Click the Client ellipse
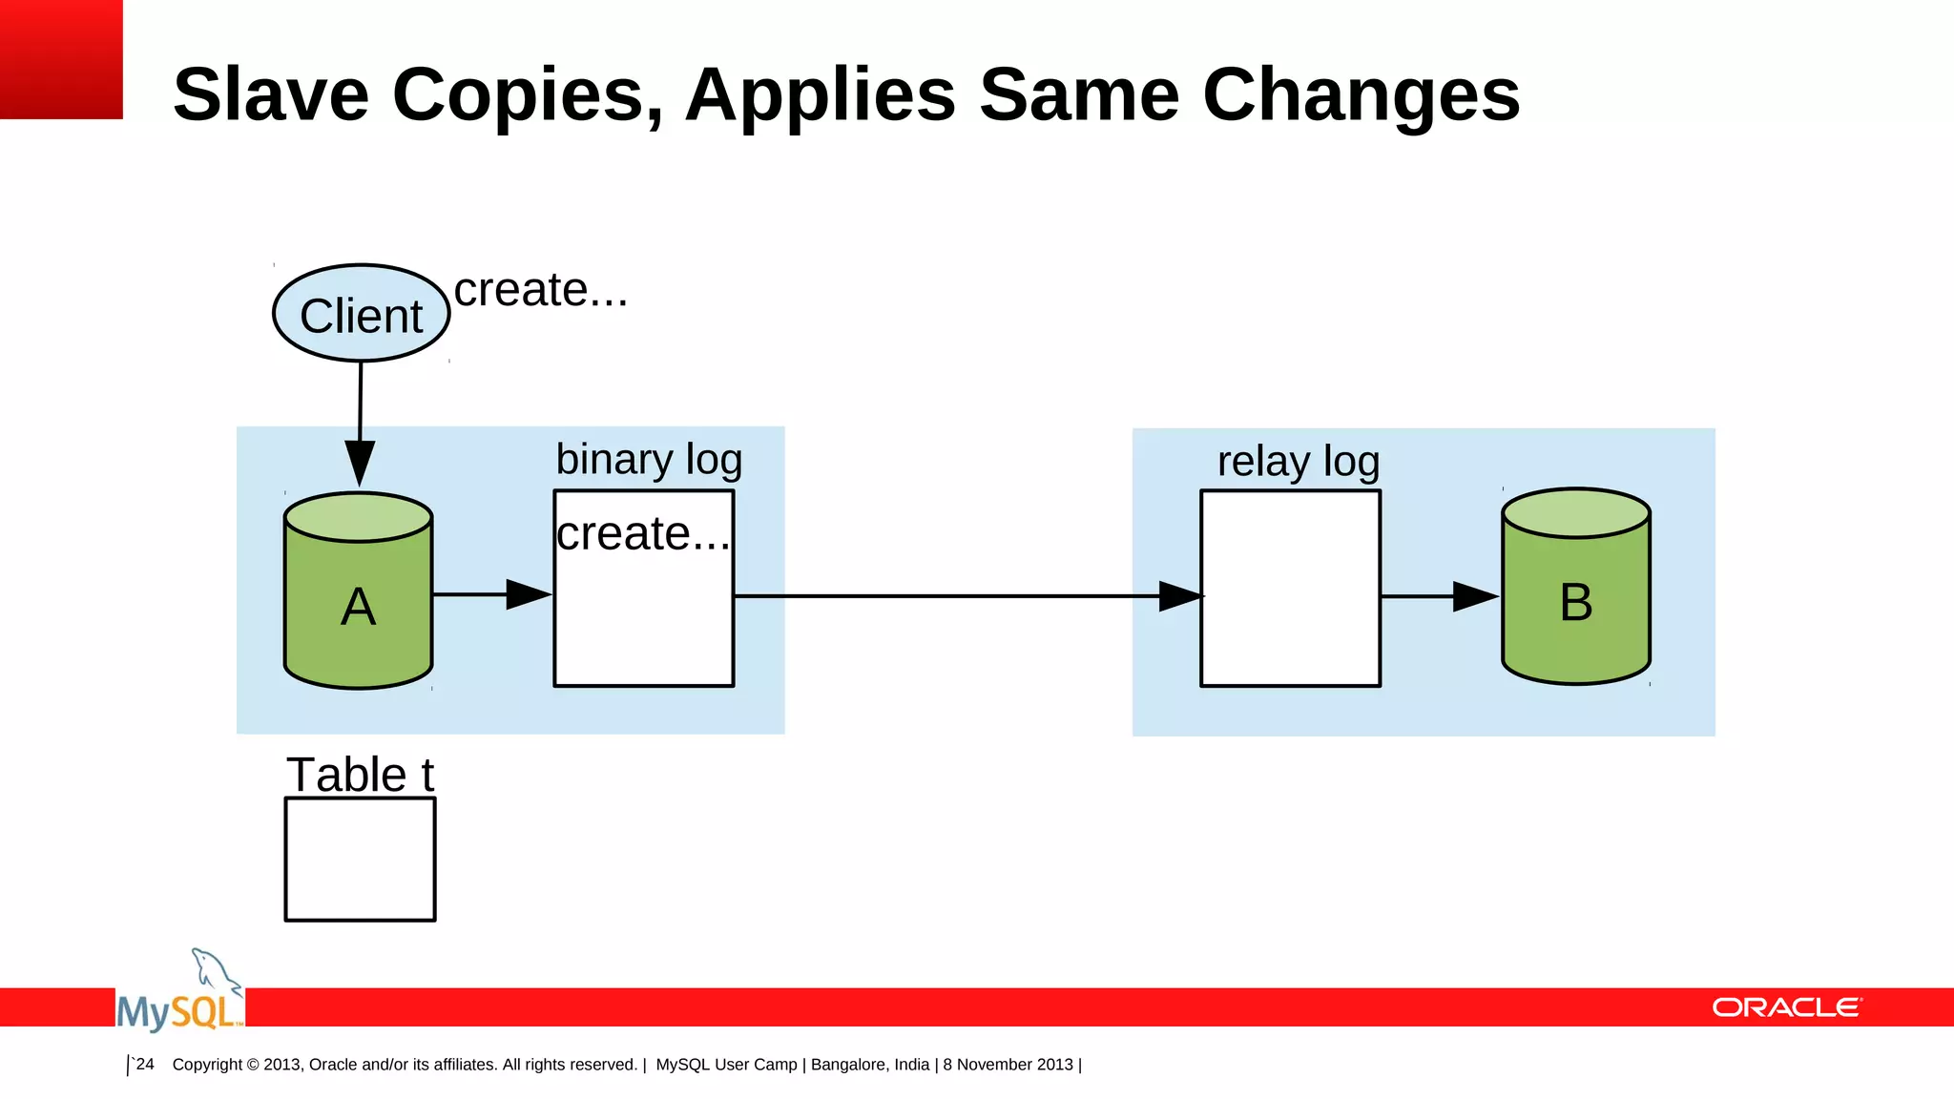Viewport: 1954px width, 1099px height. click(x=361, y=314)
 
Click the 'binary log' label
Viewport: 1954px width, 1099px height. click(x=649, y=460)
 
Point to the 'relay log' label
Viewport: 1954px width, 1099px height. click(x=1298, y=462)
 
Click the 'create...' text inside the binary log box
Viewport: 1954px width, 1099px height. click(x=642, y=533)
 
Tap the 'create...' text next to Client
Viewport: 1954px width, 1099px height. click(x=540, y=290)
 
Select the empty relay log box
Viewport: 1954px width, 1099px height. click(x=1290, y=630)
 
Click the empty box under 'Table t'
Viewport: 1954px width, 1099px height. click(x=360, y=860)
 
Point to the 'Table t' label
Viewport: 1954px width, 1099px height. click(x=360, y=775)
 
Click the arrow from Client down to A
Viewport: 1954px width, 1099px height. click(x=360, y=420)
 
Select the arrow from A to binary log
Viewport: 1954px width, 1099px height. click(x=491, y=594)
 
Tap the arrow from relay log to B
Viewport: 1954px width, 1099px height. click(x=1439, y=596)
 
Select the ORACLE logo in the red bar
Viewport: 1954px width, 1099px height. click(x=1786, y=1008)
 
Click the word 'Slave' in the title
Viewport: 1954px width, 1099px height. click(x=270, y=95)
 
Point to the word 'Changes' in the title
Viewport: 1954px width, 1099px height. click(x=1361, y=95)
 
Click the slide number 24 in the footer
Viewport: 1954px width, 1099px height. click(x=144, y=1064)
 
